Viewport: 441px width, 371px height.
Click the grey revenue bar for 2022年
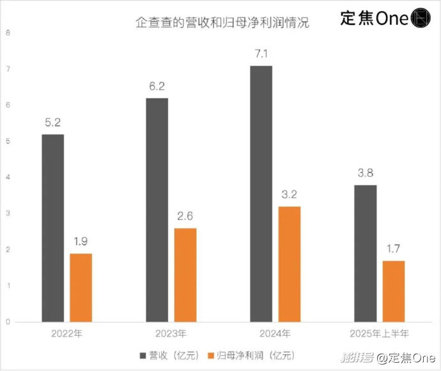coord(52,228)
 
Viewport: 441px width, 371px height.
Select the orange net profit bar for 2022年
coord(81,287)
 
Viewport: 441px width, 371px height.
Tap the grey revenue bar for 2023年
coord(157,210)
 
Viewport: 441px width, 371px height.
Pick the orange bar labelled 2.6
coord(185,275)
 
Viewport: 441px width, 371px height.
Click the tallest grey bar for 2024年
coord(261,193)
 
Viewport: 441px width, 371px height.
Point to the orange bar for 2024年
coord(290,264)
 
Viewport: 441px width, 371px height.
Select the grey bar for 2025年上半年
coord(365,254)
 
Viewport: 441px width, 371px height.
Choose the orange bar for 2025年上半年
coord(393,291)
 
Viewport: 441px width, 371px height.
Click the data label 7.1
coord(261,54)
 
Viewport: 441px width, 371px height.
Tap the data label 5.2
coord(52,123)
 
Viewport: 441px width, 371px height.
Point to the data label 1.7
coord(393,249)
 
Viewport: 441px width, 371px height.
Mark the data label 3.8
coord(365,174)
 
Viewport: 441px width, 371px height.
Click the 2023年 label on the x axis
coord(171,333)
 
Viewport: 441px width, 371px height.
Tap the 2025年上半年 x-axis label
coord(379,333)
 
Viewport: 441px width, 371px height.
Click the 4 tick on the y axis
coord(8,177)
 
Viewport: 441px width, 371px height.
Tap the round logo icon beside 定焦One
coord(421,19)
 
